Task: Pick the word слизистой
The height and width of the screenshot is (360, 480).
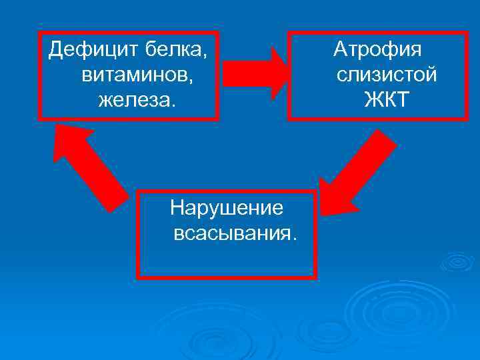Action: coord(387,75)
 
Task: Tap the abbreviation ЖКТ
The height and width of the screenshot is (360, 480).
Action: coord(387,101)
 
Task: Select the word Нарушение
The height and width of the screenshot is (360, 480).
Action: coord(227,208)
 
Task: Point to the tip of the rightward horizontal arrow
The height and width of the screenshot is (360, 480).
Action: coord(288,73)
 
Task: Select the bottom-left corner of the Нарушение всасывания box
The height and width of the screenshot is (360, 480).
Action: coord(138,276)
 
